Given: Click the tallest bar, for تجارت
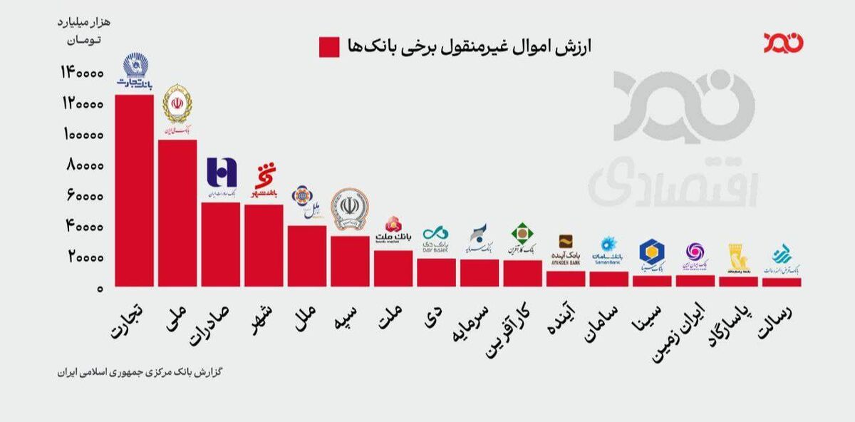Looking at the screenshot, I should pos(134,190).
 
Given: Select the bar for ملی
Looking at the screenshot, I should pos(177,212).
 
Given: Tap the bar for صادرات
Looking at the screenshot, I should pos(220,244).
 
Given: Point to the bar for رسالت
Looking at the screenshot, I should pos(782,282).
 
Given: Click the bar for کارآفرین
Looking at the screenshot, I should pos(523,273).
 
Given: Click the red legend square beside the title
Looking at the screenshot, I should pos(329,47).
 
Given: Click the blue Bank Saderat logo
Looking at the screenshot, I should pos(221,176).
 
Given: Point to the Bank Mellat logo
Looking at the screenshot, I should pos(393,231).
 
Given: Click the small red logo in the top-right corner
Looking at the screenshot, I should pos(783,42).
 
